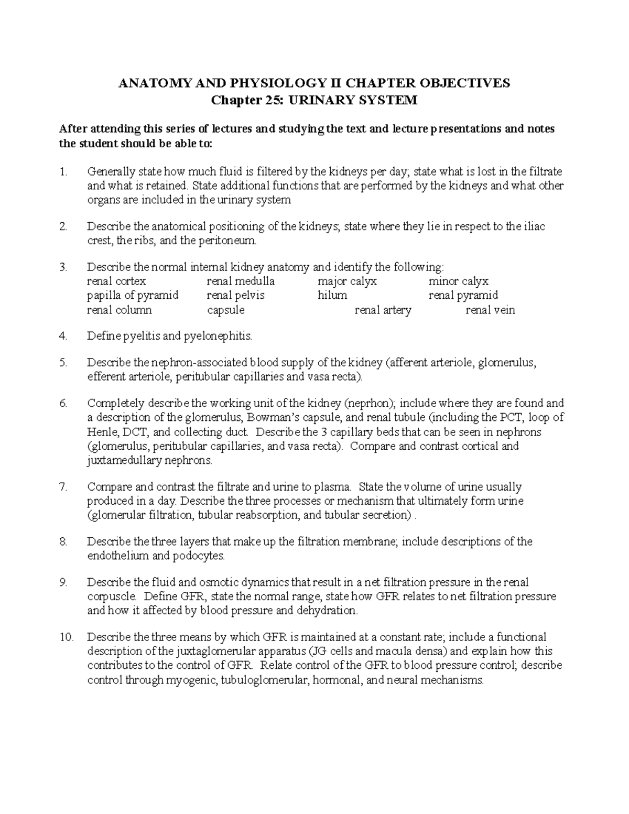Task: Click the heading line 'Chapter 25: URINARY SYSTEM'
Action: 314,100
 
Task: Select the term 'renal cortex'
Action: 116,281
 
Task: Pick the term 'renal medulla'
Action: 241,281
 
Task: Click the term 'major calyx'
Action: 347,281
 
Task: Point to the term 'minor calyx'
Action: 459,281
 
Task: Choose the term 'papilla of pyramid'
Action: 133,296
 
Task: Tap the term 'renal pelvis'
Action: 236,296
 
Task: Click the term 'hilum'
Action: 332,296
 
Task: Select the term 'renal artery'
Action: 383,310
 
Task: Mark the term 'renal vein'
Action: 491,310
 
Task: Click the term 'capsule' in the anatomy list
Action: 226,310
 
